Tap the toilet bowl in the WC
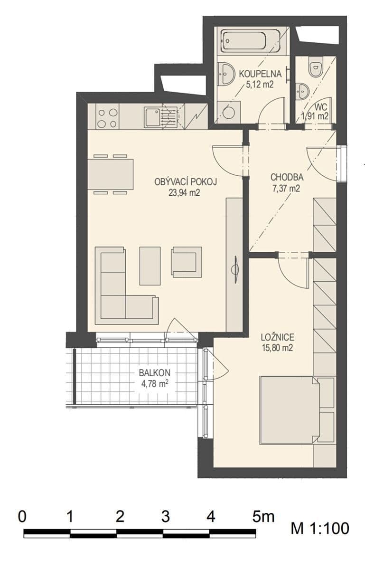pos(315,67)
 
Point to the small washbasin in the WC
pos(302,91)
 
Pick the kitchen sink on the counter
pos(161,117)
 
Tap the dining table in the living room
pos(111,174)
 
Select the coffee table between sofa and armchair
pos(150,266)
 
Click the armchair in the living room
pos(187,262)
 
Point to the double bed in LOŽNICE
pos(290,410)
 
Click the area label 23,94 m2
pos(184,193)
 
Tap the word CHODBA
pos(287,177)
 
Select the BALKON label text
pos(155,373)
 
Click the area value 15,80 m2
pos(277,348)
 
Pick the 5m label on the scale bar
pos(263,517)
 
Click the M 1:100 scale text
pos(320,528)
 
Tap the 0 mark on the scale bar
pos(22,517)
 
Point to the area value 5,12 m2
pos(260,84)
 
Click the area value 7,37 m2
pos(286,188)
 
